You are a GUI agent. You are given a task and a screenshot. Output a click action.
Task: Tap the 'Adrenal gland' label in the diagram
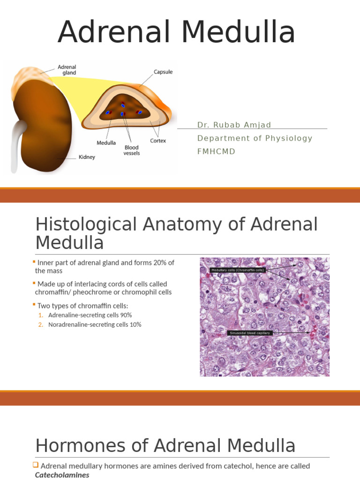click(67, 70)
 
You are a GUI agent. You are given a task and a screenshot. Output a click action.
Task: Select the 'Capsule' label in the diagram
click(163, 72)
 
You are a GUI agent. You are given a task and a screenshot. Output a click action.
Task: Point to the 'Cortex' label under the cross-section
click(157, 141)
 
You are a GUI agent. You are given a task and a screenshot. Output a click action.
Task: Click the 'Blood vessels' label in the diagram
click(131, 150)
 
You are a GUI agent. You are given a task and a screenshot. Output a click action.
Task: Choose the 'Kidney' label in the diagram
click(86, 157)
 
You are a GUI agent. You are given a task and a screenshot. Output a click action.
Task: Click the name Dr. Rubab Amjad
click(234, 125)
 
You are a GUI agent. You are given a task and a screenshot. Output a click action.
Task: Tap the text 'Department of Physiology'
click(255, 138)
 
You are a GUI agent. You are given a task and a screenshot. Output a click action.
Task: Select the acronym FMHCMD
click(216, 152)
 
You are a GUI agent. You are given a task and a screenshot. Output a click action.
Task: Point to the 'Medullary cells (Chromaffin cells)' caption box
click(238, 270)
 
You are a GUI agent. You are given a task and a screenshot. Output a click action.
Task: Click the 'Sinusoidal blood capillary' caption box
click(249, 333)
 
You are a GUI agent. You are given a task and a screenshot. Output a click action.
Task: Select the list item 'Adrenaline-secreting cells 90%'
click(90, 315)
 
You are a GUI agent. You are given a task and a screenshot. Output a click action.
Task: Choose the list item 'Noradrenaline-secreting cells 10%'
click(95, 324)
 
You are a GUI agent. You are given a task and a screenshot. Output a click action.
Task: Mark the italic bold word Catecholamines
click(62, 475)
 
